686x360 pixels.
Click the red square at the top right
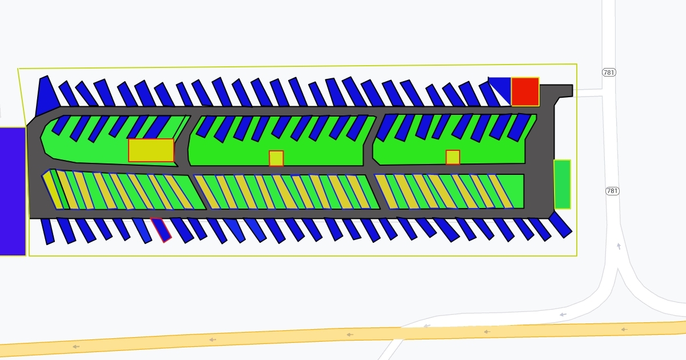[x=525, y=92]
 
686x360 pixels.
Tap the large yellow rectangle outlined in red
[x=151, y=150]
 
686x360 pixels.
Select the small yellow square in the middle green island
[x=276, y=158]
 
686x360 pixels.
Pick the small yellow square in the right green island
[x=453, y=157]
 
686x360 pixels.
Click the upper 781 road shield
[x=609, y=73]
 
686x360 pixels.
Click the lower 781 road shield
[x=612, y=191]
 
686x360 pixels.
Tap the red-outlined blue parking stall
[x=161, y=230]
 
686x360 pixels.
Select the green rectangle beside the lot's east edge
[x=563, y=184]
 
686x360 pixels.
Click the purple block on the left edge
[x=13, y=191]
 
